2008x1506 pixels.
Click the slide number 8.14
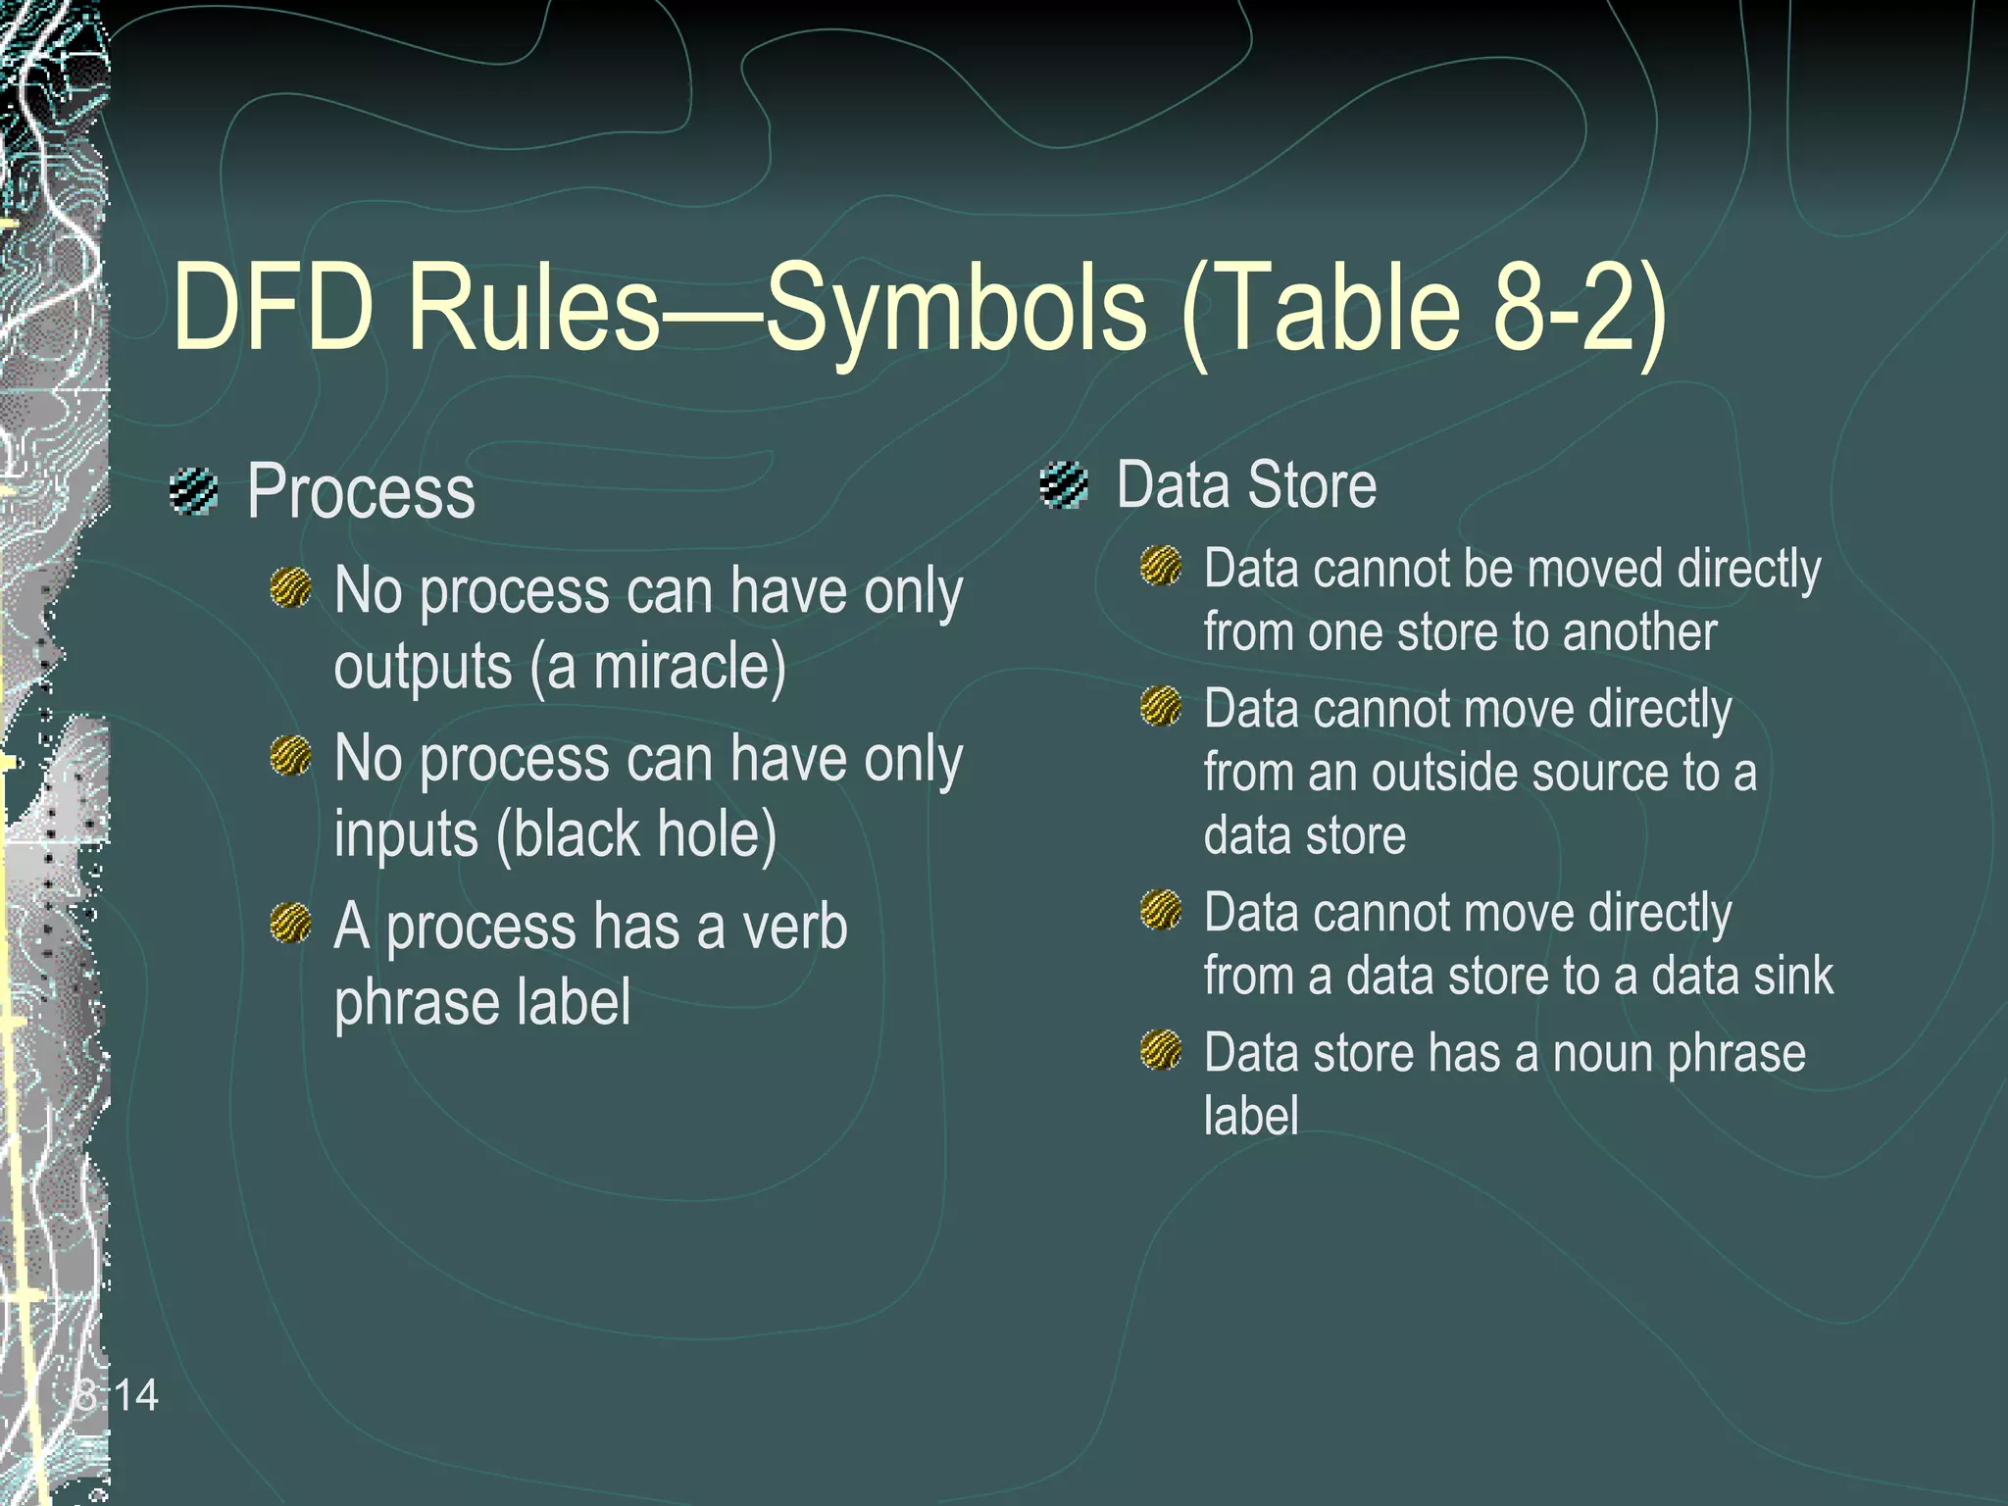(117, 1395)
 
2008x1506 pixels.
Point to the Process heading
(361, 491)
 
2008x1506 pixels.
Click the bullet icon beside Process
(193, 490)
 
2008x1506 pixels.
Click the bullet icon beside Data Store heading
(1064, 485)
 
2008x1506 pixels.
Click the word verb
(794, 927)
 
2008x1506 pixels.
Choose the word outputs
(424, 668)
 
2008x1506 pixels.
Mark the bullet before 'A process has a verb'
(290, 924)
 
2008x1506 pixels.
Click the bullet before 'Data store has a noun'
(1162, 1050)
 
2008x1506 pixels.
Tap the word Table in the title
(1324, 306)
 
